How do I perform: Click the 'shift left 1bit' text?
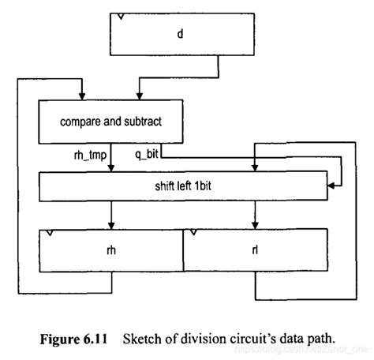tap(183, 185)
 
